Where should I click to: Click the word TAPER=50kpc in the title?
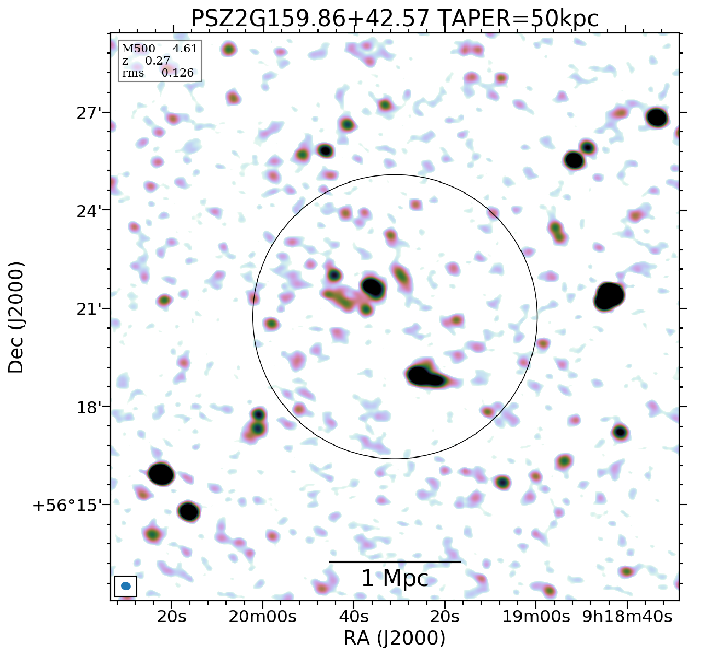(519, 19)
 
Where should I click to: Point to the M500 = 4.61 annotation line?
(159, 49)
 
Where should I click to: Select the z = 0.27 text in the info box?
(146, 61)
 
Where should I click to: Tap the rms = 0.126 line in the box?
(158, 73)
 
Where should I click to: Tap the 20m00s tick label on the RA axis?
(262, 617)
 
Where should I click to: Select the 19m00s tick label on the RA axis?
(536, 617)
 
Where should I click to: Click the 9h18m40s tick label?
(627, 617)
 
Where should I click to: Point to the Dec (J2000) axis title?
(16, 318)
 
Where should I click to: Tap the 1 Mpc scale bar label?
(395, 578)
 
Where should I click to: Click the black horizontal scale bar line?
(395, 561)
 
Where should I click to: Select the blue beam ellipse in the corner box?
(126, 586)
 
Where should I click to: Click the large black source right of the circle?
(609, 296)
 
